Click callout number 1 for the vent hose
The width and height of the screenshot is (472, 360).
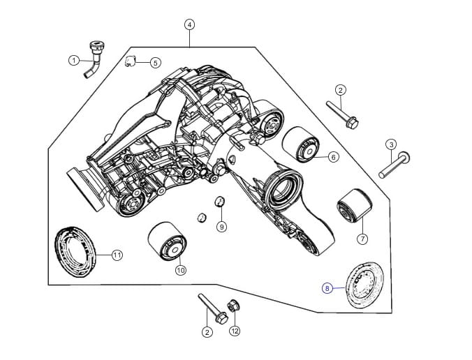pyautogui.click(x=74, y=61)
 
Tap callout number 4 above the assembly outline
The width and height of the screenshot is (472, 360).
pyautogui.click(x=189, y=24)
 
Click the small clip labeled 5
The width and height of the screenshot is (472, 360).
pyautogui.click(x=131, y=61)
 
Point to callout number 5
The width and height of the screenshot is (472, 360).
pyautogui.click(x=155, y=63)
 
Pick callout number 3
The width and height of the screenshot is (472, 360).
pyautogui.click(x=391, y=145)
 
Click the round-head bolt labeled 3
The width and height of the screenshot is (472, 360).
pyautogui.click(x=394, y=165)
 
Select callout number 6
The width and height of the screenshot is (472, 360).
pyautogui.click(x=333, y=157)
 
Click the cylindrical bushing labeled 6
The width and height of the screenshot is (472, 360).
pyautogui.click(x=300, y=144)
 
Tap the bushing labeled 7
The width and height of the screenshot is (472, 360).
pyautogui.click(x=354, y=207)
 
